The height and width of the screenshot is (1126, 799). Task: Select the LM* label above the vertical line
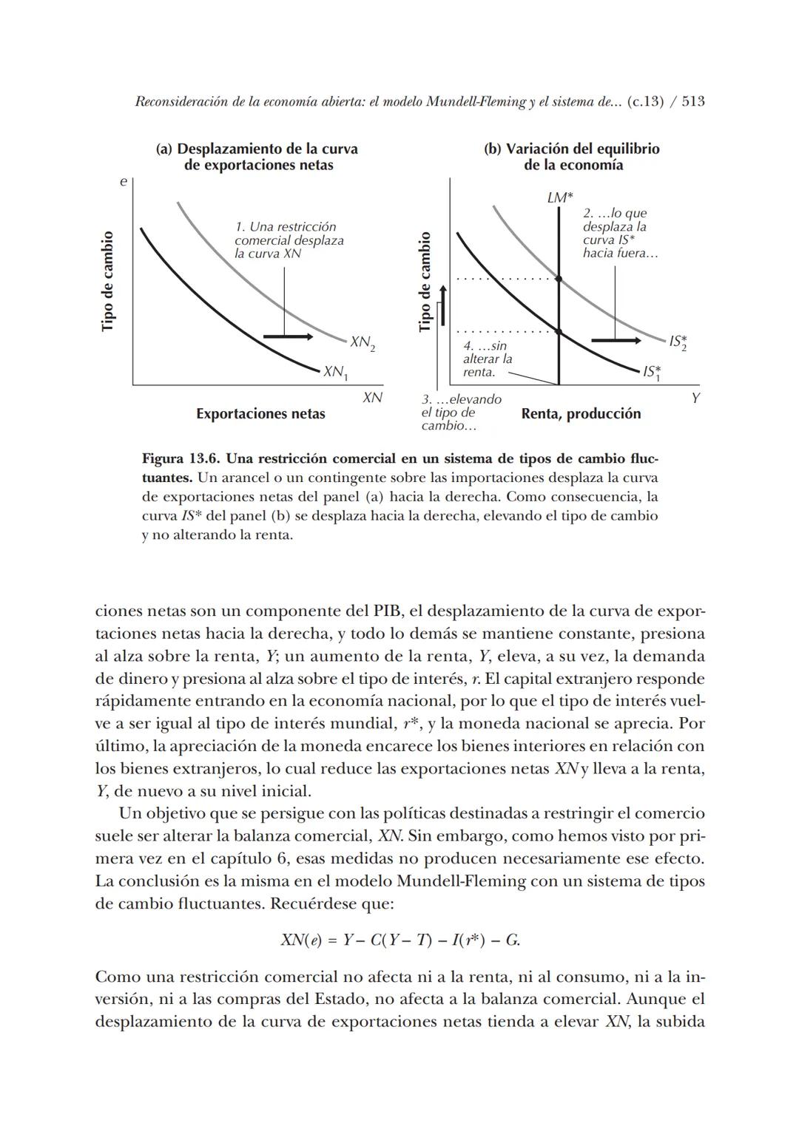point(559,198)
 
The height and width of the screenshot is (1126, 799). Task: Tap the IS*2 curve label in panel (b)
point(678,342)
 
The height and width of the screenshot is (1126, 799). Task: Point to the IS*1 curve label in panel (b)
point(653,372)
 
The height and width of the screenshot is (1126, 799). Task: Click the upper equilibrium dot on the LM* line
point(559,279)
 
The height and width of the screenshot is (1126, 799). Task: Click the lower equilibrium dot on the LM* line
point(559,332)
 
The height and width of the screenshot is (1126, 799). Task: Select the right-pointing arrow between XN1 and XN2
point(288,337)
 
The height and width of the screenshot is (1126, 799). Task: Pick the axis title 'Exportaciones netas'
point(260,414)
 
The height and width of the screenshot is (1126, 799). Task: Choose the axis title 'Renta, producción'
point(581,414)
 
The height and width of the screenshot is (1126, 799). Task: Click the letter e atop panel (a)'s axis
point(124,181)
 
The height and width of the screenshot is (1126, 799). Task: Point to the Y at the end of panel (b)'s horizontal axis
point(695,398)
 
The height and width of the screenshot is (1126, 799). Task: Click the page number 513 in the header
point(692,101)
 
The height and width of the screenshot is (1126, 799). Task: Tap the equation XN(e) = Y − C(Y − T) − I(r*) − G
point(399,940)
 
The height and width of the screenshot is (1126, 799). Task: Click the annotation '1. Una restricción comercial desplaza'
point(289,234)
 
